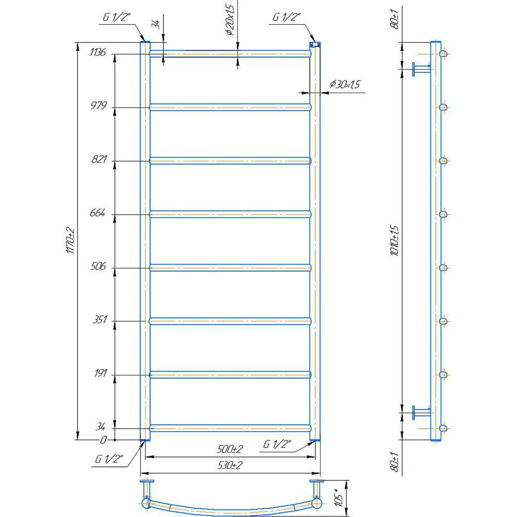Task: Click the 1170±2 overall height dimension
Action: [70, 240]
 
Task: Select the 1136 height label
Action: [98, 52]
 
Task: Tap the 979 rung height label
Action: [99, 105]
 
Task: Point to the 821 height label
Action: [99, 159]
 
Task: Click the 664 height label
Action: [98, 212]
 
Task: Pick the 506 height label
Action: [98, 266]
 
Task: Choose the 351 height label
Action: [100, 320]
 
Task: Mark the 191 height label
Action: [101, 373]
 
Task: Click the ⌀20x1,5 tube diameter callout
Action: [230, 20]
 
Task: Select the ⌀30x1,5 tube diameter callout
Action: [344, 84]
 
